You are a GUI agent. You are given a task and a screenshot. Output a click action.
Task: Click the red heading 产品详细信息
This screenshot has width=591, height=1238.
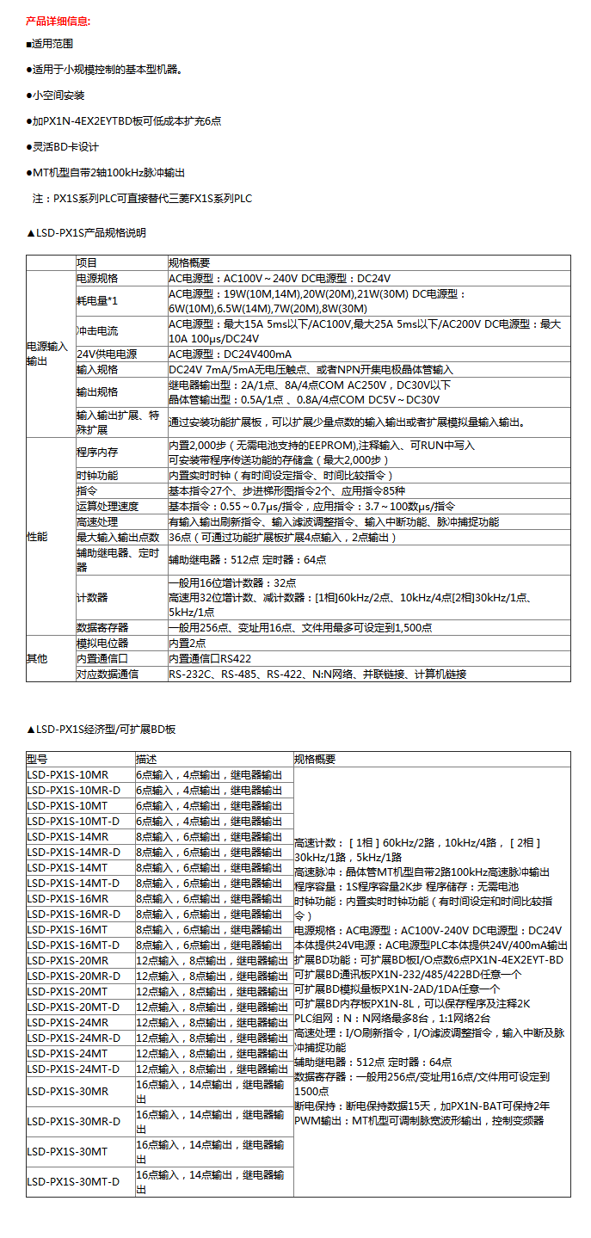point(58,20)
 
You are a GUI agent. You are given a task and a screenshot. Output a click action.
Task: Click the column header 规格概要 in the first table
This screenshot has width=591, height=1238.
point(189,262)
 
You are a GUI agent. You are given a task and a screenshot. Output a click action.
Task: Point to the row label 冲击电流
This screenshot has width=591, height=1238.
point(97,331)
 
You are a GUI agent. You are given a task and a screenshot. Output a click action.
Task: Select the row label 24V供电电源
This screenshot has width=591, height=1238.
point(107,354)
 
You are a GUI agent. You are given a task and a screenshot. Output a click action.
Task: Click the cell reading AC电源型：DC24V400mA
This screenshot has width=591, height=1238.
point(230,354)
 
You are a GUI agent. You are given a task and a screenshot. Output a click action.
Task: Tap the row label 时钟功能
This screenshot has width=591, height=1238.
point(97,475)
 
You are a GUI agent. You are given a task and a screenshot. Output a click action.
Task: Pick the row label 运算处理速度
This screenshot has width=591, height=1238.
point(108,506)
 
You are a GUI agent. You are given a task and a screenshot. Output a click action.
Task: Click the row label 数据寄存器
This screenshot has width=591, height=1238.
point(102,627)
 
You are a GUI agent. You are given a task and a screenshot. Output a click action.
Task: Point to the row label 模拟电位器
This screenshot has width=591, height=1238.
point(102,643)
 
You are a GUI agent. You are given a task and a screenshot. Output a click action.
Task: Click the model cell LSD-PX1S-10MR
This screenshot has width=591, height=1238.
point(68,774)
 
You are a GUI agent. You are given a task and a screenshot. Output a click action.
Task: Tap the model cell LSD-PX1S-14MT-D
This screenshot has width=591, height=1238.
point(74,883)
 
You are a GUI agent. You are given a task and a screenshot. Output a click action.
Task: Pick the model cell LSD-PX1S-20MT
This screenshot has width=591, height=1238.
point(67,991)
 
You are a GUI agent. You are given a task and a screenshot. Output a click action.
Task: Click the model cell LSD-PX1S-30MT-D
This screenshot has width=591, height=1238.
point(73,1181)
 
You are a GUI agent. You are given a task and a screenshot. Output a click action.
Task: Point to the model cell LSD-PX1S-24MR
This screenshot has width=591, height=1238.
point(68,1022)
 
